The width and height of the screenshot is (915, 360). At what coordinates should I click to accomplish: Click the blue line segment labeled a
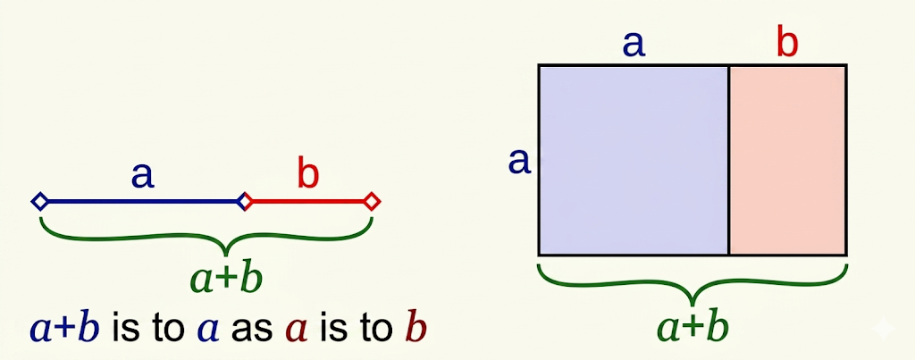tap(141, 202)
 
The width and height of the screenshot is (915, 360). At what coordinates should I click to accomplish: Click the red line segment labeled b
tap(308, 202)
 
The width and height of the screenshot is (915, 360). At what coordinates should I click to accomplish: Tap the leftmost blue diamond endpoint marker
tap(40, 202)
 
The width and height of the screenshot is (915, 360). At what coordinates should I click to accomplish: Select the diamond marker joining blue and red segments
tap(244, 202)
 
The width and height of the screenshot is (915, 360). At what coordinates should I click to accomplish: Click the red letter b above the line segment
tap(307, 175)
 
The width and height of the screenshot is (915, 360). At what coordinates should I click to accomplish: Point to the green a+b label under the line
tap(226, 280)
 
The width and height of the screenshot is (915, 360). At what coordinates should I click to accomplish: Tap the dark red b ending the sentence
tap(414, 329)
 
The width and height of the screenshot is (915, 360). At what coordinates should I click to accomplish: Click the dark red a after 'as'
tap(297, 331)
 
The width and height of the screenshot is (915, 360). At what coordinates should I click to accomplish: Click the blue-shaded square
tap(634, 160)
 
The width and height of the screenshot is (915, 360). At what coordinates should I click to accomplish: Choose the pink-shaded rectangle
tap(787, 160)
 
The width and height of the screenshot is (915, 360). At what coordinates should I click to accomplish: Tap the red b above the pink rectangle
tap(787, 43)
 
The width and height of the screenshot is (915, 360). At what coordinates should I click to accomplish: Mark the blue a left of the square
tap(519, 162)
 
